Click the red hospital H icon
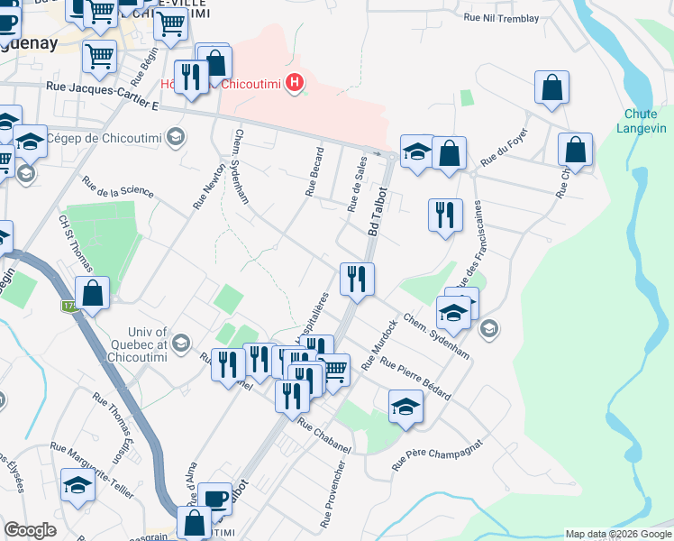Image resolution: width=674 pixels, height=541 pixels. point(294,85)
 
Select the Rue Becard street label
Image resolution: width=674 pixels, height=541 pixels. point(314,170)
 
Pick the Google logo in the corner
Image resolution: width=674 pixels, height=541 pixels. point(30,530)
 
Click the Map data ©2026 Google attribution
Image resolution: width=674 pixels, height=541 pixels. point(618,534)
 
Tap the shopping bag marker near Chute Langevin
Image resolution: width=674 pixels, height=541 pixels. point(575,150)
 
